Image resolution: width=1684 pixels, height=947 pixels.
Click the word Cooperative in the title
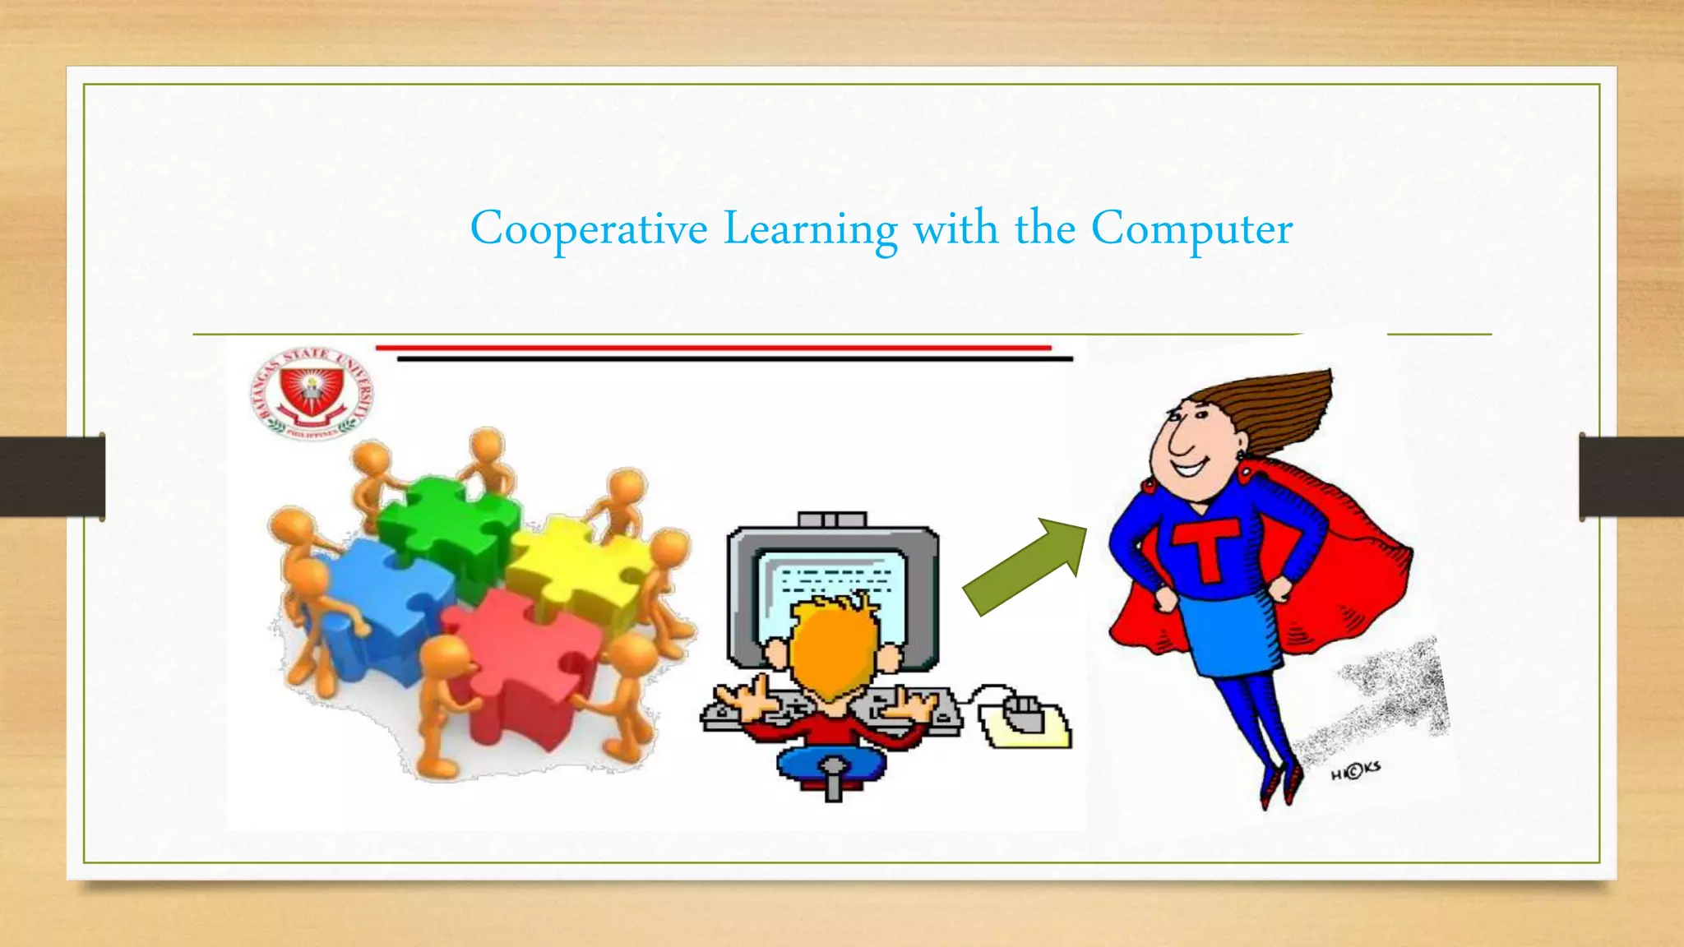pyautogui.click(x=588, y=229)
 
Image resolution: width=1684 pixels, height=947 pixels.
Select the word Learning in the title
pyautogui.click(x=810, y=230)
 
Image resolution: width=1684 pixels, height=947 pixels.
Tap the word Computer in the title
pyautogui.click(x=1191, y=230)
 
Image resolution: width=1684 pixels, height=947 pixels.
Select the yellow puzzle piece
pyautogui.click(x=576, y=567)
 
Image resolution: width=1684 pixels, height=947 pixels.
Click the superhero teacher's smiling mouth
pyautogui.click(x=1189, y=469)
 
